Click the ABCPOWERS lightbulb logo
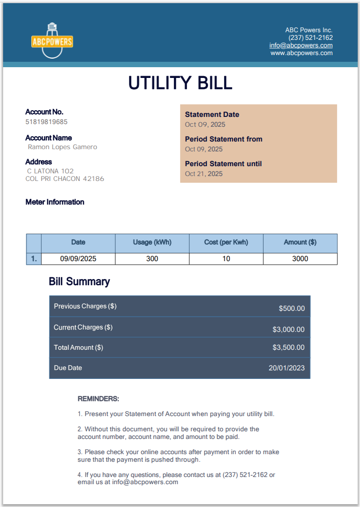[52, 41]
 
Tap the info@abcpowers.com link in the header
[301, 45]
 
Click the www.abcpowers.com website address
[301, 53]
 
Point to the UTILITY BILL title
[180, 83]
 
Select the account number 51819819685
[47, 122]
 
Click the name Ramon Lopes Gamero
[62, 147]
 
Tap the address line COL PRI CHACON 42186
[65, 179]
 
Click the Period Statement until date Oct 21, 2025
[204, 174]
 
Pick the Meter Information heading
[55, 202]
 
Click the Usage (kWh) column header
[152, 242]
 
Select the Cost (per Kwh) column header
[226, 242]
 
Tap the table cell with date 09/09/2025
[78, 259]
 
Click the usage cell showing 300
[152, 259]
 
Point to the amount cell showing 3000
[300, 259]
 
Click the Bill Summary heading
[79, 282]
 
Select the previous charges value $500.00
[291, 309]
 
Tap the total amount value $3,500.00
[288, 348]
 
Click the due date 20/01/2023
[286, 368]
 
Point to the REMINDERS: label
[98, 399]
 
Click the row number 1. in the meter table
[34, 259]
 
